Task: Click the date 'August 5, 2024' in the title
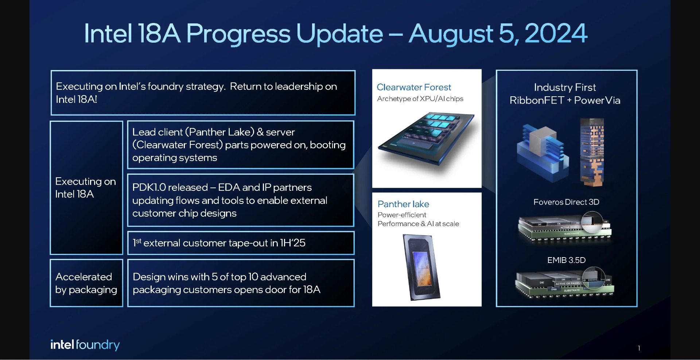498,34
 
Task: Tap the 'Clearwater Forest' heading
414,87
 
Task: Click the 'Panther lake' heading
403,204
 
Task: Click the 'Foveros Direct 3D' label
566,202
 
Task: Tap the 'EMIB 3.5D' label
566,260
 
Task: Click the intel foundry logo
85,345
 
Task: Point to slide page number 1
639,348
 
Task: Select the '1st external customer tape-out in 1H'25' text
219,243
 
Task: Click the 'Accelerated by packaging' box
86,283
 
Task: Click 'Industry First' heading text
565,87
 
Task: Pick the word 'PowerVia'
597,100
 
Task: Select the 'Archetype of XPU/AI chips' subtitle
420,99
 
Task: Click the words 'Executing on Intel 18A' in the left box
86,187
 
